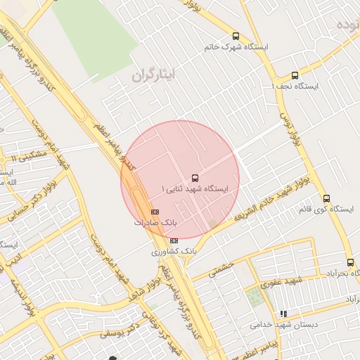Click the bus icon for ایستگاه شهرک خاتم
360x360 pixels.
(236, 37)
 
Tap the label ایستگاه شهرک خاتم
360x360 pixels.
(236, 47)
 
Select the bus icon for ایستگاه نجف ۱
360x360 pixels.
(295, 75)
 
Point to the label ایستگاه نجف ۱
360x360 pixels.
(295, 86)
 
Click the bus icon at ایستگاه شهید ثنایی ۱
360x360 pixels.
(195, 178)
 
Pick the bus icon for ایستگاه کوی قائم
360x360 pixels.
(326, 198)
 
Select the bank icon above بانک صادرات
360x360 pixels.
(155, 212)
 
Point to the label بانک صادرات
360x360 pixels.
(156, 222)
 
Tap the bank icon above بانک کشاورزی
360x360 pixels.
(174, 240)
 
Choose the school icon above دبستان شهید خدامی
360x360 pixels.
(283, 314)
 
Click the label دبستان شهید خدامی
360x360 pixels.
(284, 325)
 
